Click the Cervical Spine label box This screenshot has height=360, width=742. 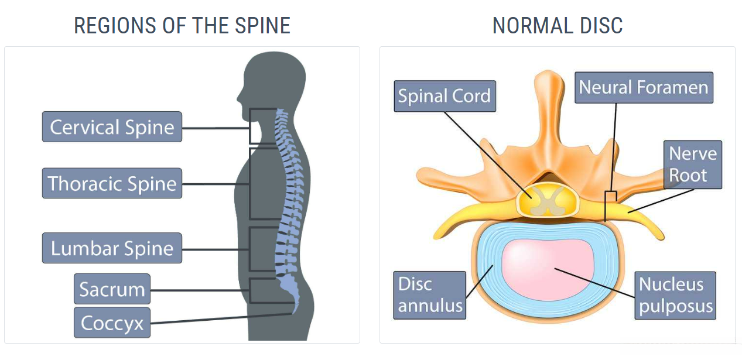point(112,127)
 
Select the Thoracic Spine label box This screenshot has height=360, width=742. point(112,183)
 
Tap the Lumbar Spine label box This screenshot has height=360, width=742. point(112,248)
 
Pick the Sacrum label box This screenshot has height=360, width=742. point(112,289)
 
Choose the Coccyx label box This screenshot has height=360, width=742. point(112,323)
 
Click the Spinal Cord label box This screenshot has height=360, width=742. point(444,96)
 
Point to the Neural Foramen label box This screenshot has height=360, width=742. point(643,88)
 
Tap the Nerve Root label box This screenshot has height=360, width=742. point(692,164)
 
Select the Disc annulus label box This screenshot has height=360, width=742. point(430,295)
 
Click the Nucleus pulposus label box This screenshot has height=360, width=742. point(675,295)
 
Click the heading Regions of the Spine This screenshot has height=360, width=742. point(182,26)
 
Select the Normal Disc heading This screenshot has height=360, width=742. point(557,26)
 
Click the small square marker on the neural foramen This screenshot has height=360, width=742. point(610,197)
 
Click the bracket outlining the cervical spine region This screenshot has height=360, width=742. point(263,126)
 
